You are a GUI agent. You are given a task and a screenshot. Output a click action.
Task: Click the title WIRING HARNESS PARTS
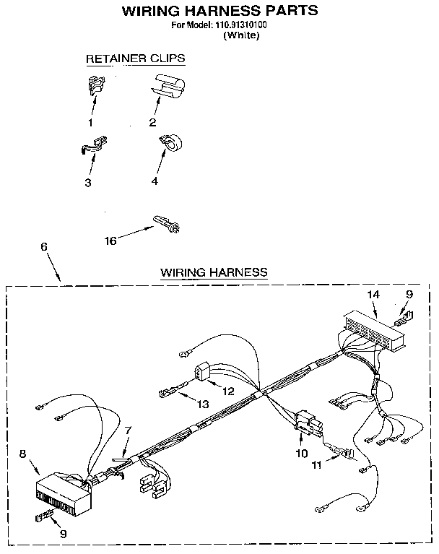(219, 11)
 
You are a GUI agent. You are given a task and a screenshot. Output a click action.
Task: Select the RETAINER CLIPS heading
(135, 59)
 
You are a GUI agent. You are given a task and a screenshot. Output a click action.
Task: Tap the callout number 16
(110, 241)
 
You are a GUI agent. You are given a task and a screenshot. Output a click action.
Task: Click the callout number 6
(44, 247)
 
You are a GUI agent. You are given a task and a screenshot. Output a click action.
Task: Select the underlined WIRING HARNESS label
(214, 272)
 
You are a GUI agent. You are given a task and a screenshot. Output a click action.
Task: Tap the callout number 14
(373, 295)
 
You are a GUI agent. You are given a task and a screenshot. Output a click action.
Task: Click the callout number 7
(128, 430)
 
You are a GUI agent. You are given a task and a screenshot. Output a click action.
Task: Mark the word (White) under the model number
(242, 35)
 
